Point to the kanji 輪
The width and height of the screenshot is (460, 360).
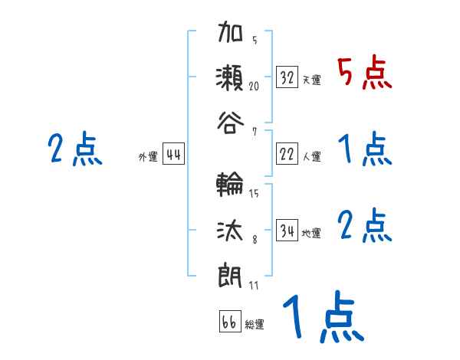pyautogui.click(x=231, y=185)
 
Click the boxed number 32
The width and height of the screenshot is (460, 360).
pyautogui.click(x=287, y=77)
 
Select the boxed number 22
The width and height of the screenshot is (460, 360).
pyautogui.click(x=287, y=154)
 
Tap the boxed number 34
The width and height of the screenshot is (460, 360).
pyautogui.click(x=287, y=231)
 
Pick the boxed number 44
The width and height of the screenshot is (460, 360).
pyautogui.click(x=173, y=155)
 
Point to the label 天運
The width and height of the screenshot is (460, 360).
pyautogui.click(x=311, y=80)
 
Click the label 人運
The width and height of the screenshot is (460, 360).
pyautogui.click(x=311, y=156)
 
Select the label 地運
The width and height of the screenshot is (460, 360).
pyautogui.click(x=311, y=233)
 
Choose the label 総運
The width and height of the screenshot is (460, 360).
pyautogui.click(x=255, y=324)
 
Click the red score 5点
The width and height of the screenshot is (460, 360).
pyautogui.click(x=364, y=74)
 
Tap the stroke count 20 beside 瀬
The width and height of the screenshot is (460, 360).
pyautogui.click(x=254, y=87)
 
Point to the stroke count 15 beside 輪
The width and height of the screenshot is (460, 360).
pyautogui.click(x=254, y=194)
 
